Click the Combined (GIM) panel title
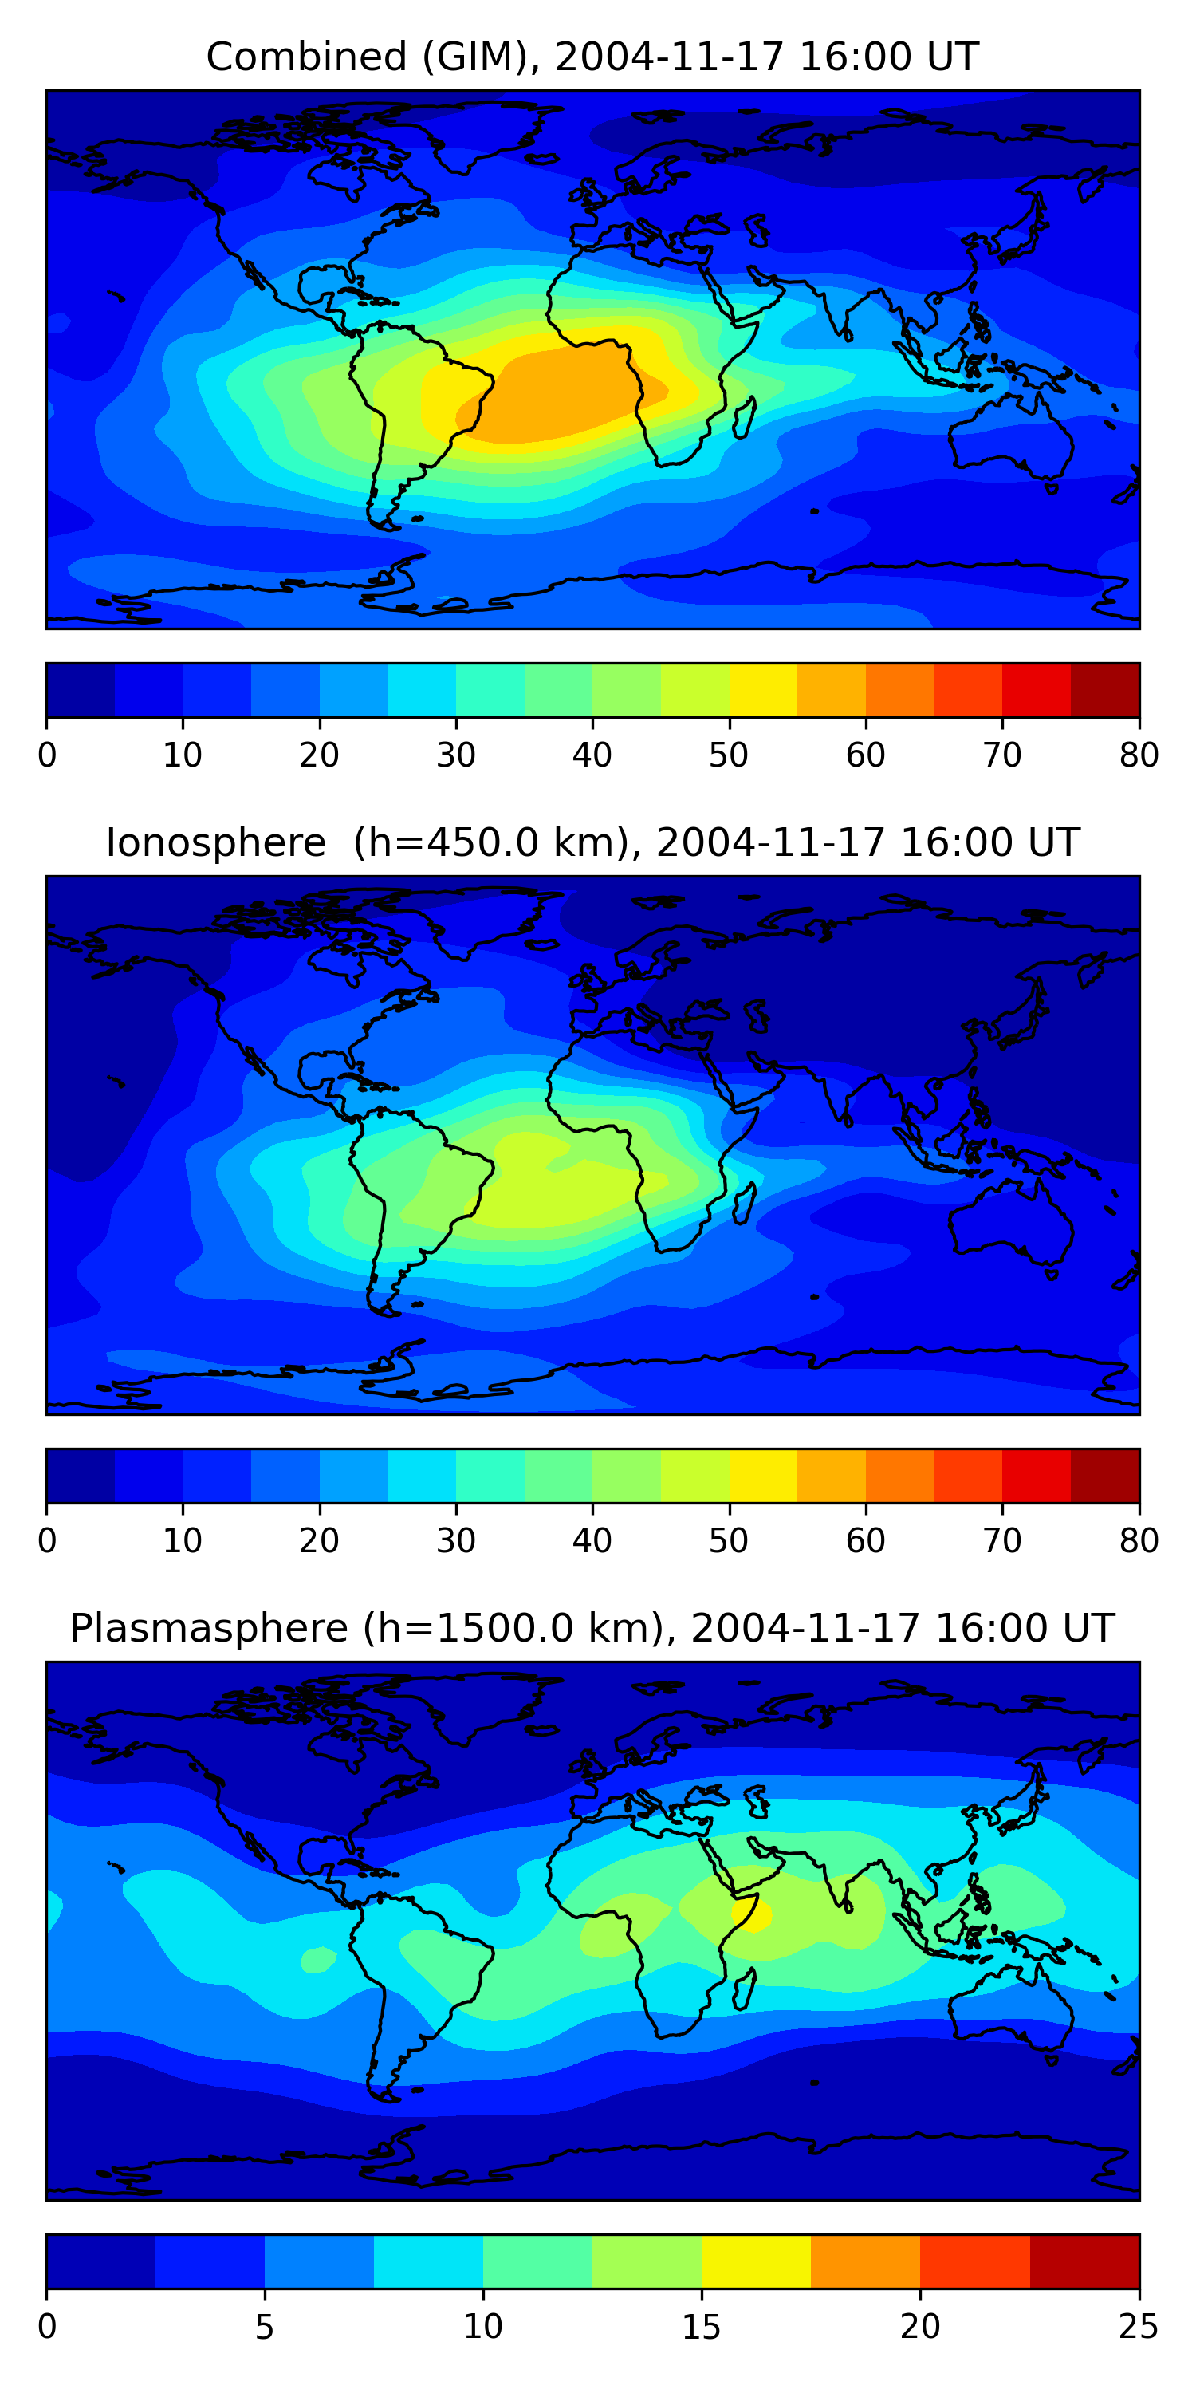[x=592, y=57]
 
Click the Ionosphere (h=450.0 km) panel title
[x=592, y=842]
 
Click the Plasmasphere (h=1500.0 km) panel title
[x=592, y=1629]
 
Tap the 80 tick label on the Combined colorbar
[x=1139, y=755]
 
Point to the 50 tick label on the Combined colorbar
[x=729, y=755]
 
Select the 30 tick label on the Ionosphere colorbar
[x=456, y=1541]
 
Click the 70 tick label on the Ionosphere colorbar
[x=1002, y=1541]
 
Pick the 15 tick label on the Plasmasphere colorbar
[x=701, y=2327]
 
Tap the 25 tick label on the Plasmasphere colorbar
[x=1139, y=2327]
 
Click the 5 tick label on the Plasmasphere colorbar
[x=265, y=2327]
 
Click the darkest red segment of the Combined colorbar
[x=1105, y=690]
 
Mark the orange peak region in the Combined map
[x=557, y=395]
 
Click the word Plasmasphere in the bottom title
[x=209, y=1629]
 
